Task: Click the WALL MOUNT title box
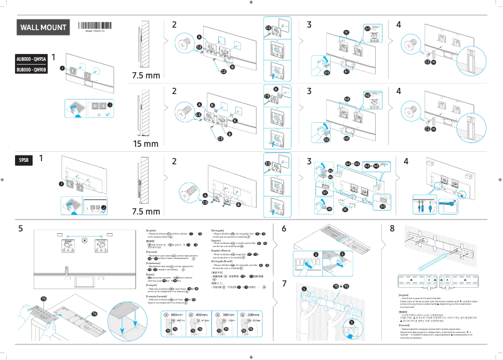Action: pos(43,28)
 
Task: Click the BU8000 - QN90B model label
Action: pos(31,70)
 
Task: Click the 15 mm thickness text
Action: pos(146,144)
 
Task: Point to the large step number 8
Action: pos(392,229)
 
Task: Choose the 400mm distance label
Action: pos(199,315)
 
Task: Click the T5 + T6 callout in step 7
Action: pos(341,286)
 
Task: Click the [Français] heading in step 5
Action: pos(151,285)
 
